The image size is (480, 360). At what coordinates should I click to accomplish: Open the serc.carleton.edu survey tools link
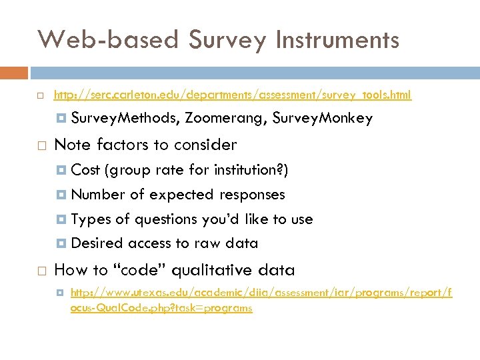tap(232, 95)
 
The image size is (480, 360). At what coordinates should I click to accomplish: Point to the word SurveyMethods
tap(125, 119)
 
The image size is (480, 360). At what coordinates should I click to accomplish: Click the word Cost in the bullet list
tap(85, 170)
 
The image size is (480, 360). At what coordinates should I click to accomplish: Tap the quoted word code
tap(144, 270)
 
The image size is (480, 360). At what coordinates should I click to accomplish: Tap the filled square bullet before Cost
tap(62, 171)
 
